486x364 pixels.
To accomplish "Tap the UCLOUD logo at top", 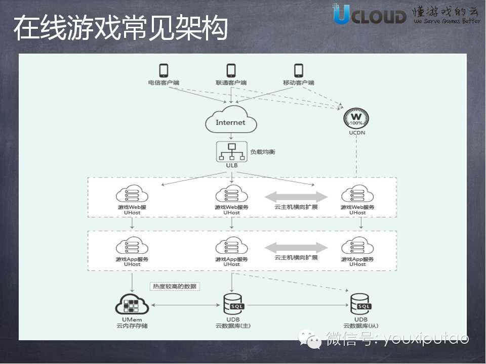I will pos(370,15).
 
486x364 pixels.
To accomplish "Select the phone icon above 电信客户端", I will pos(164,70).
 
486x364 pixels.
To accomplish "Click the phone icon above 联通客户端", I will pos(231,70).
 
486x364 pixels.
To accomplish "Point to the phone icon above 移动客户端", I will pos(299,70).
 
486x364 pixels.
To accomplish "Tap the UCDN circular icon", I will pos(356,119).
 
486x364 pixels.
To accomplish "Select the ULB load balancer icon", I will pos(231,150).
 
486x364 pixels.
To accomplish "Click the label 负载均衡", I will pos(263,152).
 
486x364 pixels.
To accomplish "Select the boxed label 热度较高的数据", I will pos(175,287).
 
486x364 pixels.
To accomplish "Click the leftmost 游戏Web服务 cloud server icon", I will pos(132,195).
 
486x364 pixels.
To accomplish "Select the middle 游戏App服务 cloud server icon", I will pos(231,247).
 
